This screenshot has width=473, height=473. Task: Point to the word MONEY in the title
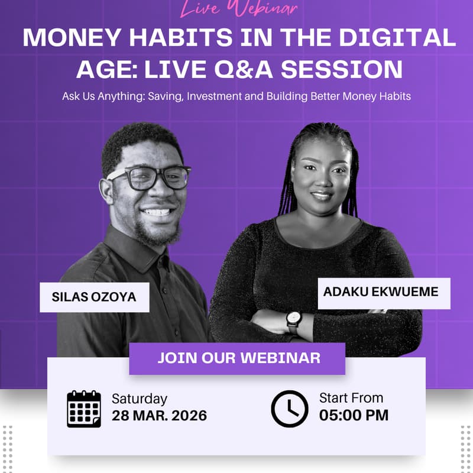[x=66, y=38]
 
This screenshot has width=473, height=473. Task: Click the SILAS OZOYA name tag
[x=94, y=297]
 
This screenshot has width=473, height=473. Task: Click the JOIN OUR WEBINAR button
[x=237, y=358]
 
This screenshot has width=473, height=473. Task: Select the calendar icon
[x=84, y=409]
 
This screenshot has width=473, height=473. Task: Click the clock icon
[x=289, y=409]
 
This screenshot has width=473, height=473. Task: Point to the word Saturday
[x=140, y=399]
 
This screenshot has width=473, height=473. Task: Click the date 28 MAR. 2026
[x=160, y=416]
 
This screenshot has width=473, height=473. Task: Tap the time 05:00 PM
[x=354, y=415]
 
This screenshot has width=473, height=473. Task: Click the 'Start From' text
[x=351, y=398]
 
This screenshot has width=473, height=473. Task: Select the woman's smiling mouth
[x=321, y=195]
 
